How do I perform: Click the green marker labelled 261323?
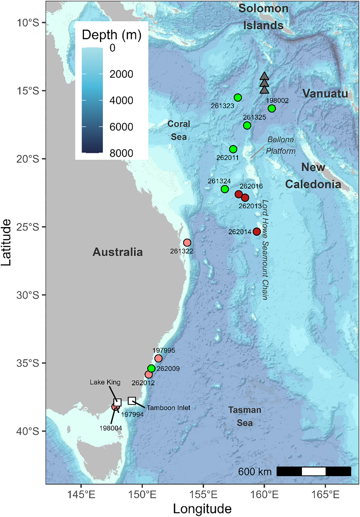tap(238, 98)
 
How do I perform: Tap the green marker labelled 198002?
tap(272, 108)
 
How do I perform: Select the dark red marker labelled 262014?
tap(257, 231)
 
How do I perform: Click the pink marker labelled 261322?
tap(187, 243)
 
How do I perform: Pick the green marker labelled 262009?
tap(151, 368)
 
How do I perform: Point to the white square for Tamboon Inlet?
tap(132, 401)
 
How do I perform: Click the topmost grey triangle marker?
tap(264, 76)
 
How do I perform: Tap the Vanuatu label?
tap(325, 93)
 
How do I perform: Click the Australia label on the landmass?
tap(118, 252)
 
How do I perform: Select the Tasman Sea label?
tap(244, 416)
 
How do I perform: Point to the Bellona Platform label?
tap(280, 145)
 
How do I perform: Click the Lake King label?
tap(105, 382)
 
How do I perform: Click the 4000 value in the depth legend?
tap(121, 100)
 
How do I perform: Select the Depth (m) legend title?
tap(111, 35)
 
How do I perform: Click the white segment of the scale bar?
tap(313, 471)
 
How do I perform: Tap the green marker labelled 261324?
tap(225, 189)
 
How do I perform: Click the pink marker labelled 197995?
tap(158, 358)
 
